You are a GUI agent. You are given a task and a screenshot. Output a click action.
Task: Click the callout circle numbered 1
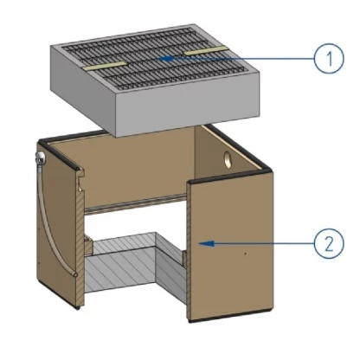pos(329,58)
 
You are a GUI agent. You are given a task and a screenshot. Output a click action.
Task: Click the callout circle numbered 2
pos(329,243)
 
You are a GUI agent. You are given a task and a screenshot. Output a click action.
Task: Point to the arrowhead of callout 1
pos(166,59)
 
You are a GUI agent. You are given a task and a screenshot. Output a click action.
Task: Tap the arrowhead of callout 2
pos(207,243)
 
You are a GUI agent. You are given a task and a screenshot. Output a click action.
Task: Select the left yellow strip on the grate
pos(105,66)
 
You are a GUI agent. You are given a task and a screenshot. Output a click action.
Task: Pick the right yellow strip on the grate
pos(206,50)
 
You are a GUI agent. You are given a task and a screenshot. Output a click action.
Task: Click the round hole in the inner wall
pos(228,160)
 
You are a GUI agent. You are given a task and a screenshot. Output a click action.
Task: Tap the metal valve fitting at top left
pos(40,157)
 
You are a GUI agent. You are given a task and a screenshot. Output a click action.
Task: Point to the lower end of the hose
pos(75,274)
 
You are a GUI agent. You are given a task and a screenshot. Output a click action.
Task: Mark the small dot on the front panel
pos(245,254)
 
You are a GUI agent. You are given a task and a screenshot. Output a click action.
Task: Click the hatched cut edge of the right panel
pos(189,251)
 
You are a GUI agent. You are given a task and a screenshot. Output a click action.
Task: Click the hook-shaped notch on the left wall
pos(80,181)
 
